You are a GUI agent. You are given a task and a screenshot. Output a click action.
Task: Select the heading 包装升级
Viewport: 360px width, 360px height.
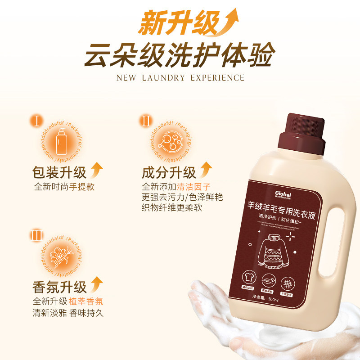tap(59, 172)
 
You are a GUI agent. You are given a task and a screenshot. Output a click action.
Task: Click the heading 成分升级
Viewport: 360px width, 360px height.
tap(169, 172)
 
